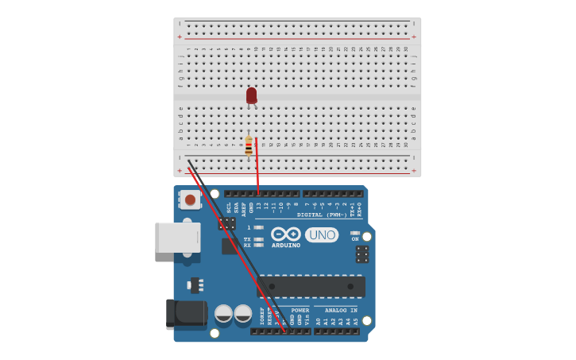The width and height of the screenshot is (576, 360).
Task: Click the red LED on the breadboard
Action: tap(251, 95)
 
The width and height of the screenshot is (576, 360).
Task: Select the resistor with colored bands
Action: tap(249, 145)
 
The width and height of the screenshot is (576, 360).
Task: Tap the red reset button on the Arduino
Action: tap(190, 199)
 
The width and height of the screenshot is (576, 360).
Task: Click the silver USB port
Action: tap(177, 238)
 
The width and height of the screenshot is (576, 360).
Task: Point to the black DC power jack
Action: tap(186, 313)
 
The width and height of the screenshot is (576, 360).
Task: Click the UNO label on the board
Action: tap(322, 235)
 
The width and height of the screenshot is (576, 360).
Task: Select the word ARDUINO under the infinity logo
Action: tap(286, 246)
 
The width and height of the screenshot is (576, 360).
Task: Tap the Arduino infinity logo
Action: tap(285, 234)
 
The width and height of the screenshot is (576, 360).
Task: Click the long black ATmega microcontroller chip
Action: tap(311, 286)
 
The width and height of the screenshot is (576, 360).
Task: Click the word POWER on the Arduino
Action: tap(300, 310)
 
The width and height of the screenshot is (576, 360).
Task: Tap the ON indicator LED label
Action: tap(355, 238)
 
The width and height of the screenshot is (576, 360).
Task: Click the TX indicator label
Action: tap(247, 238)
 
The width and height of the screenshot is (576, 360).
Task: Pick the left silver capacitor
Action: tap(224, 314)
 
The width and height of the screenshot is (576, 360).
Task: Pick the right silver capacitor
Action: tap(243, 314)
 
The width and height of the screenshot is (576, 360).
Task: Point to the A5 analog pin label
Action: tap(356, 321)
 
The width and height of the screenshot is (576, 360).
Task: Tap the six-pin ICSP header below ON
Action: tap(362, 254)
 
